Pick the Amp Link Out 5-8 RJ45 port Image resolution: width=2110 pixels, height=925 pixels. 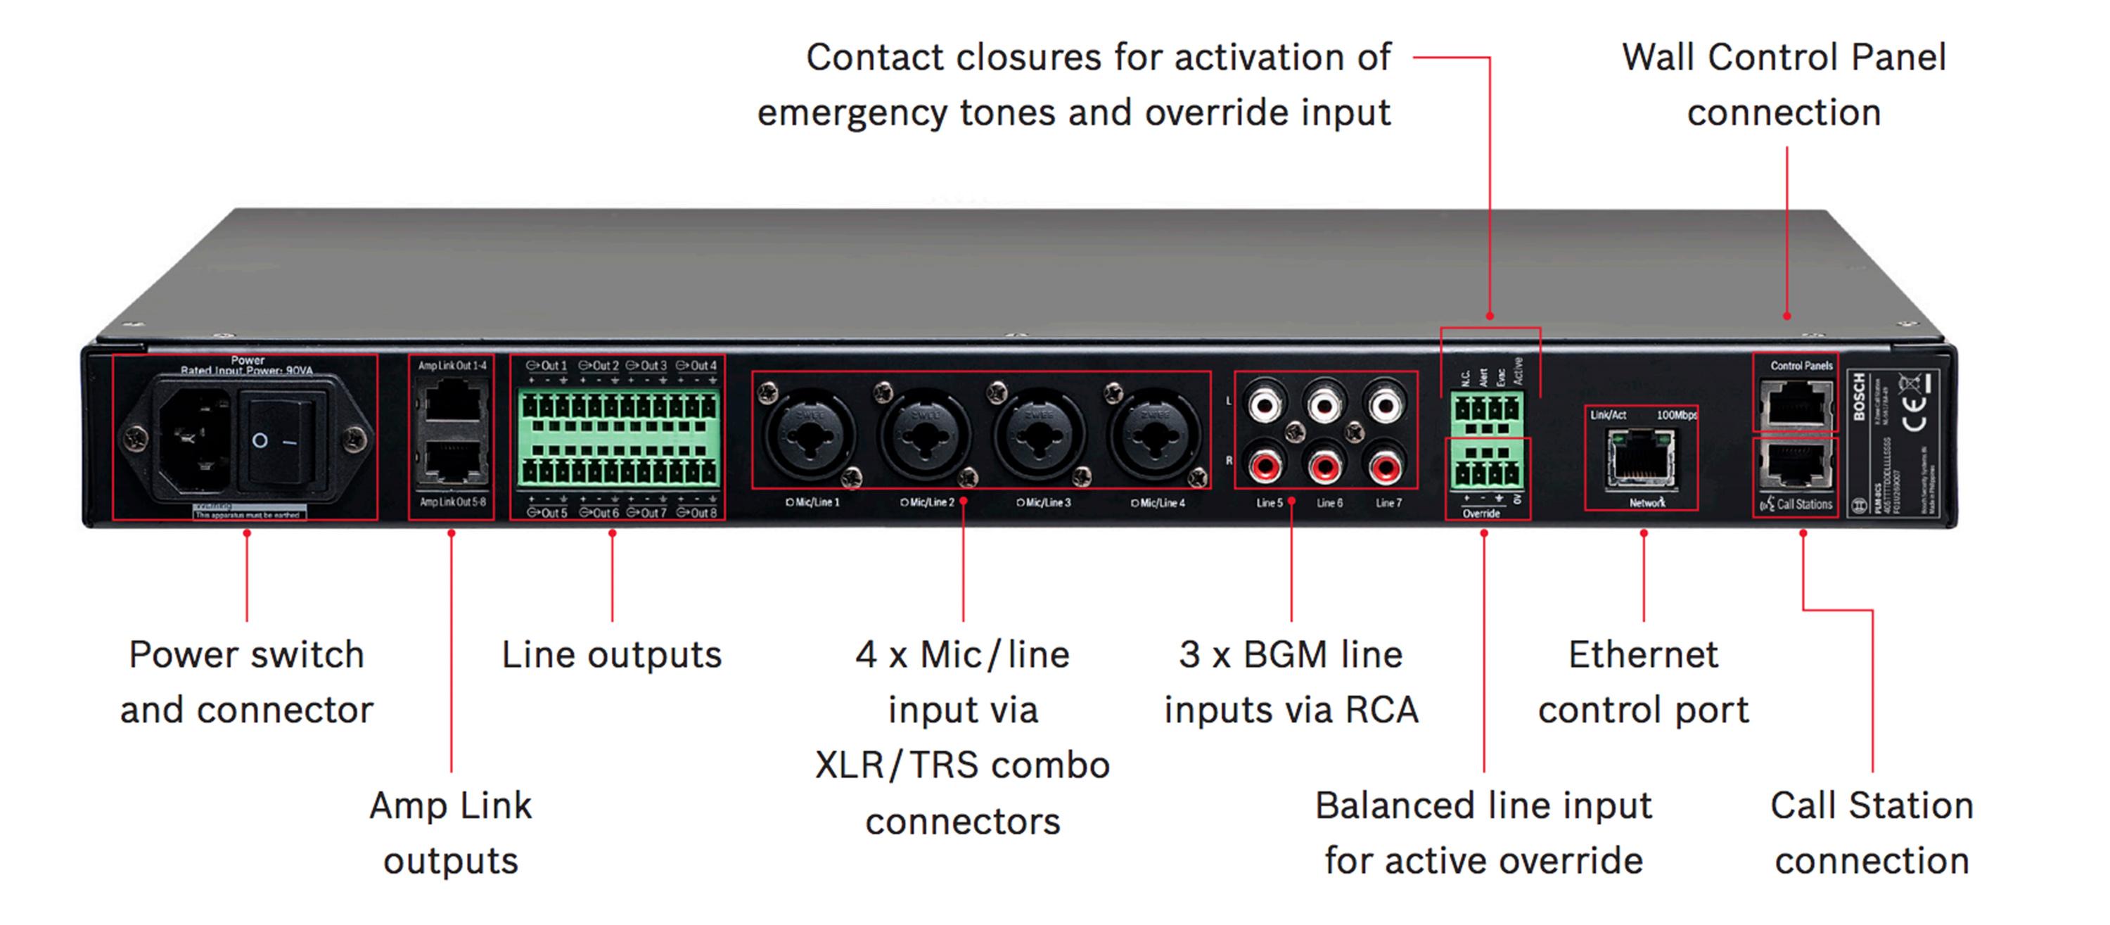tap(452, 462)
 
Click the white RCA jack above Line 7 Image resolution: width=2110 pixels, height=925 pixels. tap(1385, 404)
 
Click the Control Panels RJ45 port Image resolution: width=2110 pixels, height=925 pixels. tap(1796, 404)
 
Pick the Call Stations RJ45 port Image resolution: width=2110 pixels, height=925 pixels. tap(1796, 464)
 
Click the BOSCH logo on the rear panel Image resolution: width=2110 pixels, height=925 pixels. tap(1860, 397)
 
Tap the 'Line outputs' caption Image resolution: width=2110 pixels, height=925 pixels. tap(612, 656)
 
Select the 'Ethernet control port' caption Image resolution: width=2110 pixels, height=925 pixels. tap(1643, 682)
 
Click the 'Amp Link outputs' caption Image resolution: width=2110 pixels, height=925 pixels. tap(451, 834)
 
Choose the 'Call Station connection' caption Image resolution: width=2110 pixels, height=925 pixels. tap(1872, 834)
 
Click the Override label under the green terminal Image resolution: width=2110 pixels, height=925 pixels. tap(1481, 513)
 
